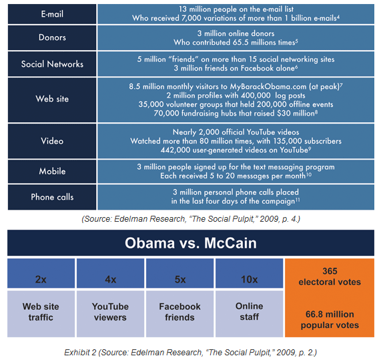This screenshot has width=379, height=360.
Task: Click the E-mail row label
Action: (x=52, y=14)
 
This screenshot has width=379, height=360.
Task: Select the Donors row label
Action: (x=52, y=37)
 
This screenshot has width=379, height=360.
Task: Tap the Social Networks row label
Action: (x=52, y=64)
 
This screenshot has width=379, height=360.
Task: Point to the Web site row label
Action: (x=52, y=99)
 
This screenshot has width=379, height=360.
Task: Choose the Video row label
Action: (x=52, y=141)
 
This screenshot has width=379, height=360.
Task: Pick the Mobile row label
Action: (x=52, y=171)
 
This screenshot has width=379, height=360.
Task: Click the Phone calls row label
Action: (x=52, y=197)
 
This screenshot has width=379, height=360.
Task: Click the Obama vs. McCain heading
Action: (x=191, y=243)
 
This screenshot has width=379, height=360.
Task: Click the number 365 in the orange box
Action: (x=330, y=271)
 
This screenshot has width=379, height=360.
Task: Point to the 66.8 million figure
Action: (x=330, y=315)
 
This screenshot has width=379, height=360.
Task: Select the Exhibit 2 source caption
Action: (x=190, y=353)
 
